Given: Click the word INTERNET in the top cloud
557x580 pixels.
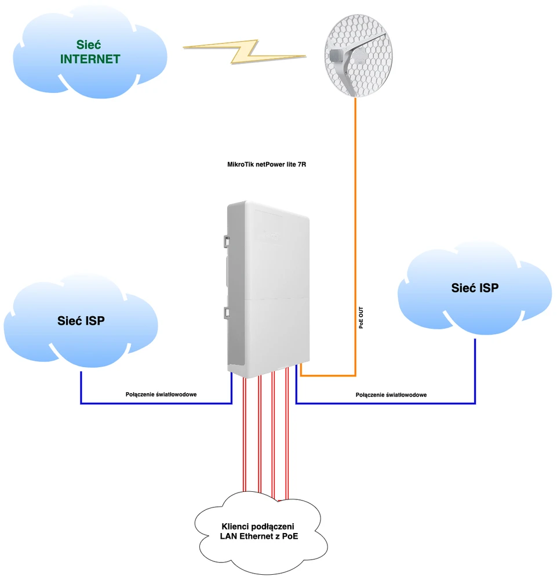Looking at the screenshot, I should [x=90, y=59].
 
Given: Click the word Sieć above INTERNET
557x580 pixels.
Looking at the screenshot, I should [x=90, y=45].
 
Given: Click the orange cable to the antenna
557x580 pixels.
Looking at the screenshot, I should [x=355, y=232].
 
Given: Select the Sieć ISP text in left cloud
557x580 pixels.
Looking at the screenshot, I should [x=81, y=320].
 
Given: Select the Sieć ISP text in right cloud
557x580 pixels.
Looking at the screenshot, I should [x=474, y=288].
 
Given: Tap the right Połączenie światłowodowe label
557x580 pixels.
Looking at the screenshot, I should [x=391, y=394].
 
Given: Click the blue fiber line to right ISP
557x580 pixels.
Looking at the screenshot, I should [x=388, y=403].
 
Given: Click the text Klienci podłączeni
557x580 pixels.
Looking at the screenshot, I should [x=259, y=526].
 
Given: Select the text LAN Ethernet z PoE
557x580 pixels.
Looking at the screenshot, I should [x=259, y=536].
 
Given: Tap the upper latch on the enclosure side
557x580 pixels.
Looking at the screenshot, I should [x=224, y=241].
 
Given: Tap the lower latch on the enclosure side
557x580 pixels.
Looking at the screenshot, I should [x=224, y=312].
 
